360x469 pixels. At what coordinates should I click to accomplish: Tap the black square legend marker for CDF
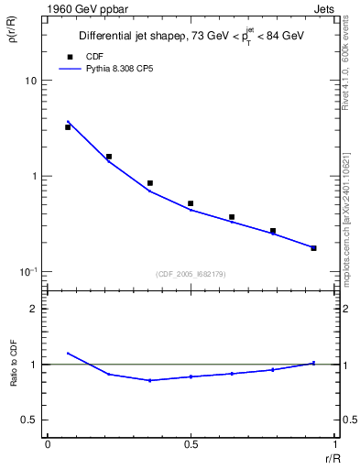(69, 57)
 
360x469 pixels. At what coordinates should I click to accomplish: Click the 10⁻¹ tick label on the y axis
(27, 272)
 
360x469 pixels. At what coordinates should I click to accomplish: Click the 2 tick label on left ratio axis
(33, 310)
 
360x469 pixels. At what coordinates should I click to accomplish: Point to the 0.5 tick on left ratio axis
(28, 420)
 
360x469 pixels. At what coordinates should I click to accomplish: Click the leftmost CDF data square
(68, 127)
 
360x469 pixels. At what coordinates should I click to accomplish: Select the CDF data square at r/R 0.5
(191, 203)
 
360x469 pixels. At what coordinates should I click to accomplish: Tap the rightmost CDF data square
(313, 248)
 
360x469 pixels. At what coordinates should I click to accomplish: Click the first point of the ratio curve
(68, 354)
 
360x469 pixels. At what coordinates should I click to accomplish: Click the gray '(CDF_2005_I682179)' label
(191, 274)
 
